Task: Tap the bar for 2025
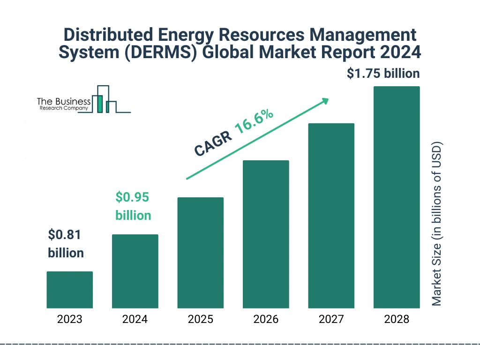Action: (x=200, y=253)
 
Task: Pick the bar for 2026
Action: (x=266, y=234)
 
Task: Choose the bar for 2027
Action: (x=331, y=216)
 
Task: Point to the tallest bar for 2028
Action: (x=397, y=197)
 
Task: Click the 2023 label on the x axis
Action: (x=69, y=320)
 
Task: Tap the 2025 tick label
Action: (x=200, y=320)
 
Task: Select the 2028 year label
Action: (x=397, y=320)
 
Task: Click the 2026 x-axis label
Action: (x=266, y=320)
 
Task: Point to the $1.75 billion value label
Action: (x=383, y=74)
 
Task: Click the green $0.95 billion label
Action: (x=133, y=206)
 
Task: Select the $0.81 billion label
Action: (x=66, y=244)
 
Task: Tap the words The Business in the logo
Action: (x=64, y=102)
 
